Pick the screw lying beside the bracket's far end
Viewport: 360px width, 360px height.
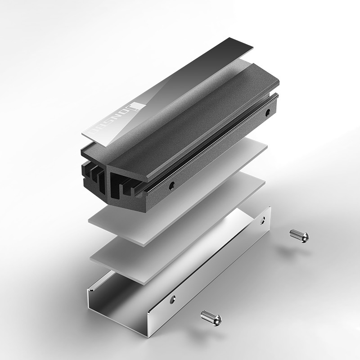299,235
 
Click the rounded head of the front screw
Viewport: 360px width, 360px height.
216,319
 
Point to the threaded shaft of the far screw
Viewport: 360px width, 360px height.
295,234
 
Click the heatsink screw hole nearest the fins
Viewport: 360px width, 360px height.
171,184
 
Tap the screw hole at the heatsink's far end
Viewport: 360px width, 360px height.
268,113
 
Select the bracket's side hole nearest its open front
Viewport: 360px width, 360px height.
172,298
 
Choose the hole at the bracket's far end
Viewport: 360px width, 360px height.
264,220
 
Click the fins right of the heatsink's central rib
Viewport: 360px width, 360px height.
124,184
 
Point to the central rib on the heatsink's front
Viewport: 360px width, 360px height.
106,180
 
